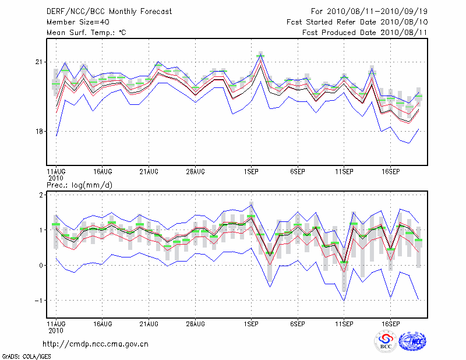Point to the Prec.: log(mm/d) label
click(x=79, y=185)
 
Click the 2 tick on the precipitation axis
click(x=41, y=195)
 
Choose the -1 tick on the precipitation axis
click(x=39, y=300)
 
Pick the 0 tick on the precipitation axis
click(x=41, y=265)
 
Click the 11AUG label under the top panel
click(x=56, y=172)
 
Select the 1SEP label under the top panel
click(x=251, y=172)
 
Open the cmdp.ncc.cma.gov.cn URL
click(x=96, y=344)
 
